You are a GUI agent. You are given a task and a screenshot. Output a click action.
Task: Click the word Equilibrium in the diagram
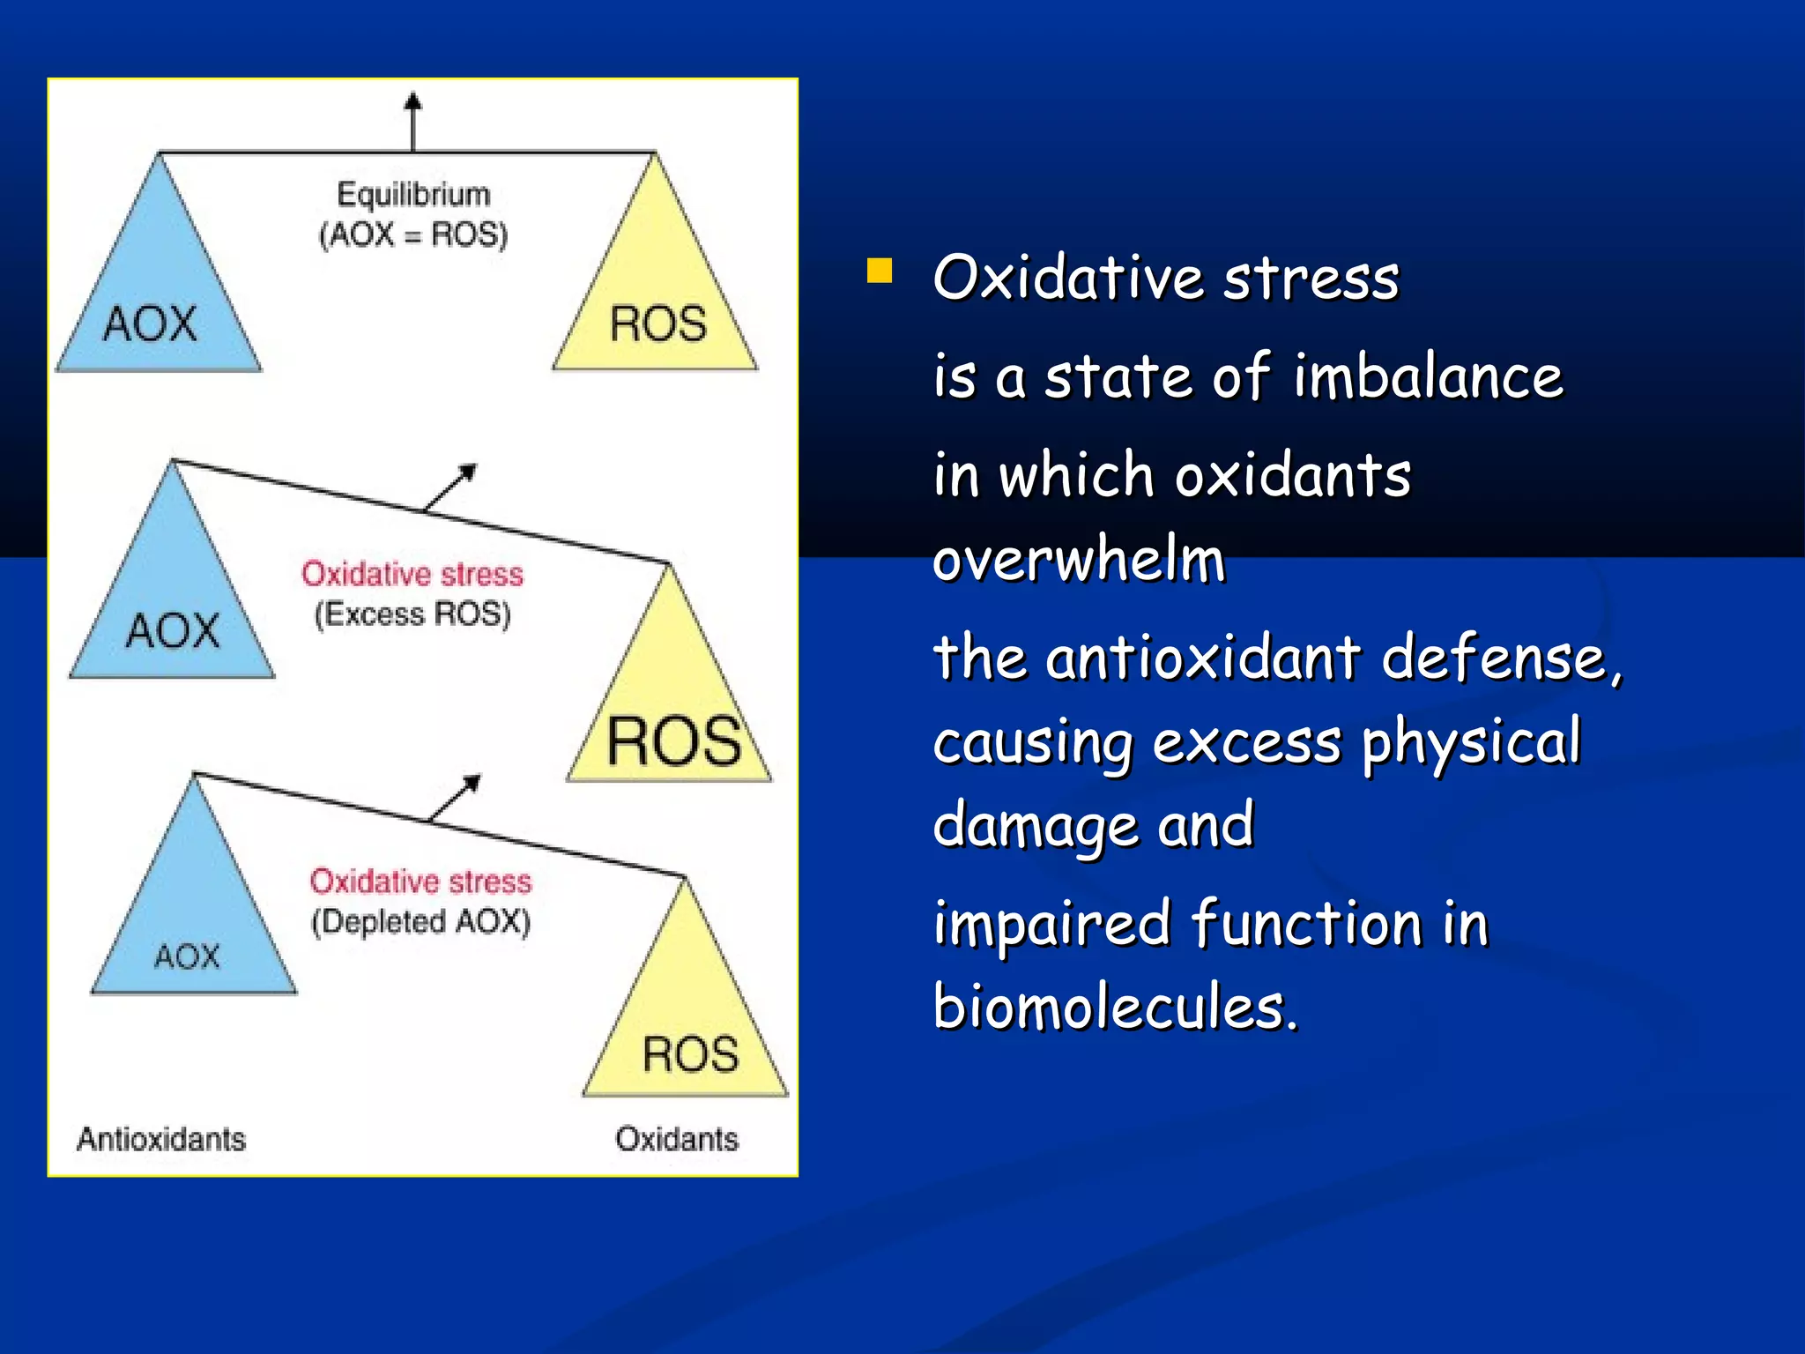(x=413, y=194)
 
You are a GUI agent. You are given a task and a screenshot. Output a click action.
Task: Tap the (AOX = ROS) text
(x=413, y=234)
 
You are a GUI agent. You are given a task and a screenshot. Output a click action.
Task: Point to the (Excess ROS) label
(x=412, y=614)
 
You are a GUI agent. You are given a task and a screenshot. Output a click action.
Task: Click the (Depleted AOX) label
(x=420, y=921)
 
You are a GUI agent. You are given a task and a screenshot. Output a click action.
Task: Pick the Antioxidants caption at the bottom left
(x=161, y=1139)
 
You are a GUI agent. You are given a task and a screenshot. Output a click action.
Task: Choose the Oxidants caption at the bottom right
(x=676, y=1139)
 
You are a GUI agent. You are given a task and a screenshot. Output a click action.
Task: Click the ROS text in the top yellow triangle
(x=657, y=324)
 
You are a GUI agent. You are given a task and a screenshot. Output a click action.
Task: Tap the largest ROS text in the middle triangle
(x=674, y=741)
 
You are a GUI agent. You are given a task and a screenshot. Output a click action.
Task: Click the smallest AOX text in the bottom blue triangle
(x=186, y=956)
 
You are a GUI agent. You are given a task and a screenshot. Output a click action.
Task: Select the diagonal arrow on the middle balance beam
(x=451, y=487)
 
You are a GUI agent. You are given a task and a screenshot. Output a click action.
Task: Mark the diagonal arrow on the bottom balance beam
(x=455, y=797)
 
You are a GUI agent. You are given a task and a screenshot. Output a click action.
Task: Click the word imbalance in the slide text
(x=1428, y=376)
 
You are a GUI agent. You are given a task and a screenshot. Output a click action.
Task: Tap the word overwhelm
(x=1079, y=560)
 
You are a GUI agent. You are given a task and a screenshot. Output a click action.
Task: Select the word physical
(x=1471, y=742)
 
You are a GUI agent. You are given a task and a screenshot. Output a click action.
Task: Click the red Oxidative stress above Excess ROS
(x=412, y=574)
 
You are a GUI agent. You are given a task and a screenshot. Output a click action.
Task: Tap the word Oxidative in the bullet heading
(x=1067, y=277)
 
